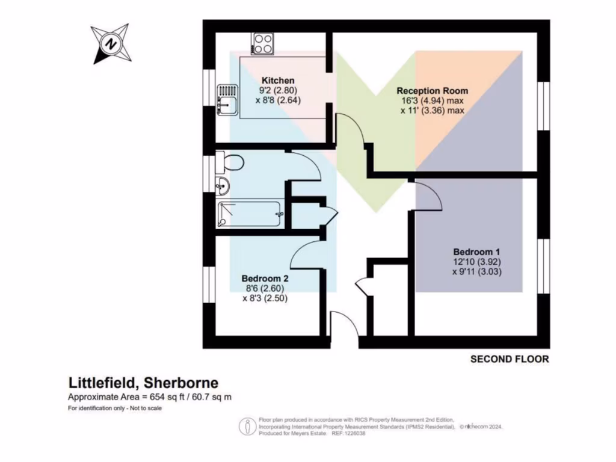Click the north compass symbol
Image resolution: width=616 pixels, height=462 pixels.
click(110, 43)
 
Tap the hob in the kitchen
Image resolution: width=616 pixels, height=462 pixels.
click(263, 43)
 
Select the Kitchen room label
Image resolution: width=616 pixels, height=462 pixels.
click(278, 81)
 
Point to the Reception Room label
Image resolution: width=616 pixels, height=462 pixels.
click(432, 91)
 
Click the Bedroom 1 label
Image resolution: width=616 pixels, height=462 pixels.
click(477, 251)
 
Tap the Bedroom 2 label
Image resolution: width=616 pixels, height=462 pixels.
click(265, 279)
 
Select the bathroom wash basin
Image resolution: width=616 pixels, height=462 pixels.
click(223, 186)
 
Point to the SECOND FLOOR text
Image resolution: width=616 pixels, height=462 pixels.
click(510, 359)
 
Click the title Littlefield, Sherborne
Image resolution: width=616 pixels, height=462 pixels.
click(143, 383)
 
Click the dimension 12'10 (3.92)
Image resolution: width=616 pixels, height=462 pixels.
click(477, 262)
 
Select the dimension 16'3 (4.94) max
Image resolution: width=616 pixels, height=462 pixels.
click(432, 101)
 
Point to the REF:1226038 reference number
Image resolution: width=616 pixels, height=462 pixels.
click(348, 433)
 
